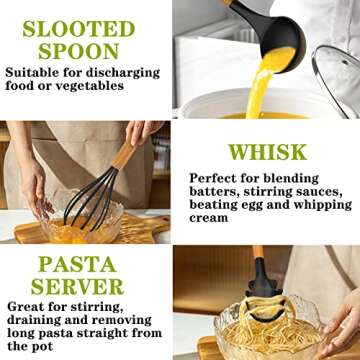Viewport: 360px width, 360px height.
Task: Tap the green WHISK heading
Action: [x=266, y=153]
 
